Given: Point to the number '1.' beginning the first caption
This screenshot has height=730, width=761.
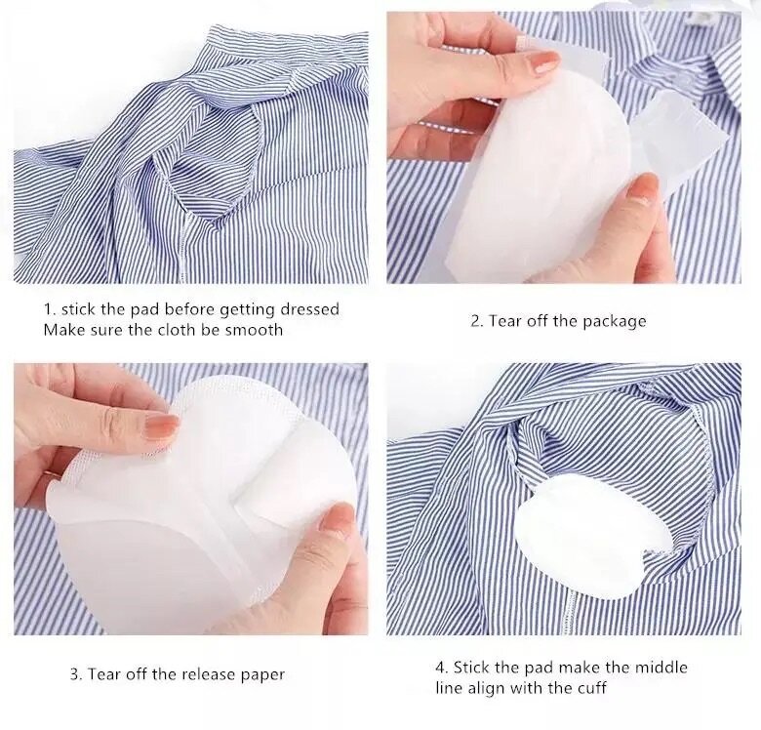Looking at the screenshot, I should coord(49,309).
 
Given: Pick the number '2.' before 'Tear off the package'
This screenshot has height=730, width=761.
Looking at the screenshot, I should coord(477,321).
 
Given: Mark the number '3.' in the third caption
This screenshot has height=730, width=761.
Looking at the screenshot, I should coord(75,674).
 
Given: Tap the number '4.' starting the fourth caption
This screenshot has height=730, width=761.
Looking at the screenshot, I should coord(442,668).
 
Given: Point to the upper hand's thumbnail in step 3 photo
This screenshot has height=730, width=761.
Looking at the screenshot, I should coord(161,426).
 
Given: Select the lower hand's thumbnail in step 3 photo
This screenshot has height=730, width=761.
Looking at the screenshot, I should coord(336,518).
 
